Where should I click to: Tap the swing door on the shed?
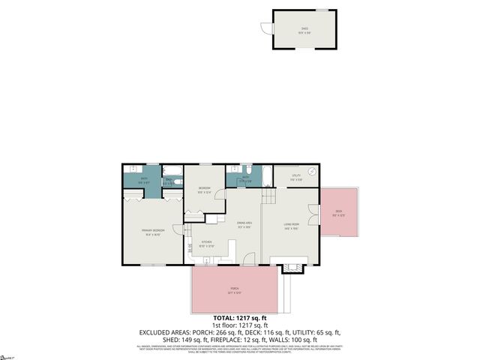(265, 28)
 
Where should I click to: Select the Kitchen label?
(207, 242)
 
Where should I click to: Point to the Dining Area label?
(244, 223)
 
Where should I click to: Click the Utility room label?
(296, 177)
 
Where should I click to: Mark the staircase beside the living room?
(268, 196)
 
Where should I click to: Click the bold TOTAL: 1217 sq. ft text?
(239, 317)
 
